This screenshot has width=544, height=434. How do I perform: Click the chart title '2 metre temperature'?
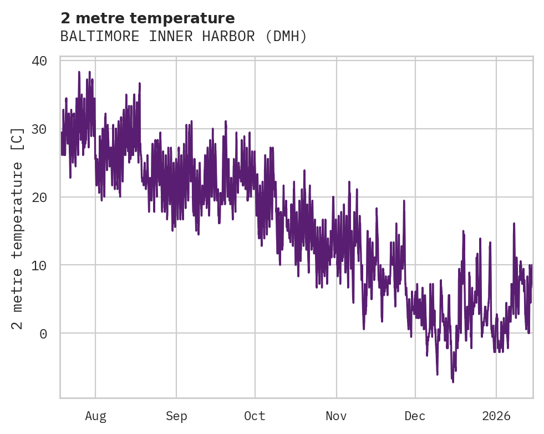(148, 18)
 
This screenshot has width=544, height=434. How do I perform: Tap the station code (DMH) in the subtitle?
(286, 37)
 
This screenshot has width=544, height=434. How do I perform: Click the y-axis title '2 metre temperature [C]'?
(18, 228)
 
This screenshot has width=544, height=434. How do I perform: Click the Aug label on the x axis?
(95, 416)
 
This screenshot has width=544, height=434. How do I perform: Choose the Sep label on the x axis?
(176, 416)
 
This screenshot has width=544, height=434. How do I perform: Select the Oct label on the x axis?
(255, 416)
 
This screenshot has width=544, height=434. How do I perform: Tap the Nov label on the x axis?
(336, 416)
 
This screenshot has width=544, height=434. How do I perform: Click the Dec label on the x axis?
(415, 416)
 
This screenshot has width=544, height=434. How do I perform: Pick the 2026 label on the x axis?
(496, 416)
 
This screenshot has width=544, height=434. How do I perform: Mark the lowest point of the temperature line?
(453, 382)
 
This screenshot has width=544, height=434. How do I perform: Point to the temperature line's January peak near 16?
(514, 224)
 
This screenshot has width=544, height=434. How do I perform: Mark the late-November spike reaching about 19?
(404, 201)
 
